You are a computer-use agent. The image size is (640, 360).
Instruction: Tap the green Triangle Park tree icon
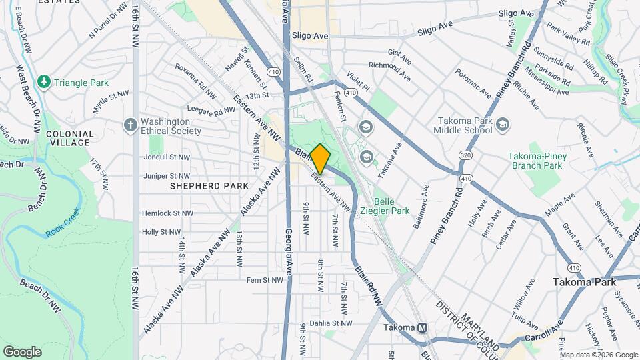click(x=45, y=82)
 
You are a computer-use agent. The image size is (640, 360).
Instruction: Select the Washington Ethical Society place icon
click(x=131, y=125)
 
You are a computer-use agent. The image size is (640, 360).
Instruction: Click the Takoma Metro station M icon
click(x=422, y=328)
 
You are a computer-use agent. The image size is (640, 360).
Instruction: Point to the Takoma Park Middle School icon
click(x=503, y=125)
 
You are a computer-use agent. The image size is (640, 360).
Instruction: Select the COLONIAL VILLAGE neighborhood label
click(x=69, y=138)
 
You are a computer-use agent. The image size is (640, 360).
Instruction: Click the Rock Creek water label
click(x=63, y=223)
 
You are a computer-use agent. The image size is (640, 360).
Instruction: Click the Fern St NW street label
click(x=265, y=280)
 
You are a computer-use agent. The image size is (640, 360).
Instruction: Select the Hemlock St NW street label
click(x=167, y=214)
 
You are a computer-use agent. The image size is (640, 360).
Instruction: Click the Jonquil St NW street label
click(x=167, y=157)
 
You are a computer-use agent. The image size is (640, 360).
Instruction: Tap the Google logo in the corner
click(x=22, y=351)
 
